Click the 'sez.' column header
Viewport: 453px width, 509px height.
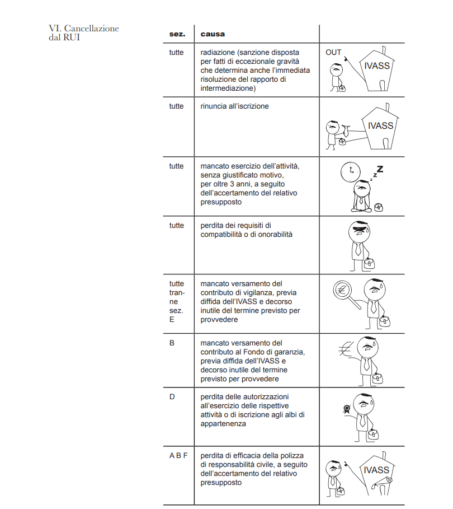click(x=177, y=34)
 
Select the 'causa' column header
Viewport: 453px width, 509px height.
click(x=213, y=34)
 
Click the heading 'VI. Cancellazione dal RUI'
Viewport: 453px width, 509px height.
click(x=84, y=33)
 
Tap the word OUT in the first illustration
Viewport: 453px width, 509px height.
click(x=333, y=53)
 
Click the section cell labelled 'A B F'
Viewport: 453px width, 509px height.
click(x=178, y=455)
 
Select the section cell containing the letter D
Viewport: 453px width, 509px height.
click(x=172, y=397)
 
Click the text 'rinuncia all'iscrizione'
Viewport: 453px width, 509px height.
click(x=234, y=106)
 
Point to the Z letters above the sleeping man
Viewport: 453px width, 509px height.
click(x=379, y=170)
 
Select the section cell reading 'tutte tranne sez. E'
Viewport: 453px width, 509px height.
click(x=176, y=301)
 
